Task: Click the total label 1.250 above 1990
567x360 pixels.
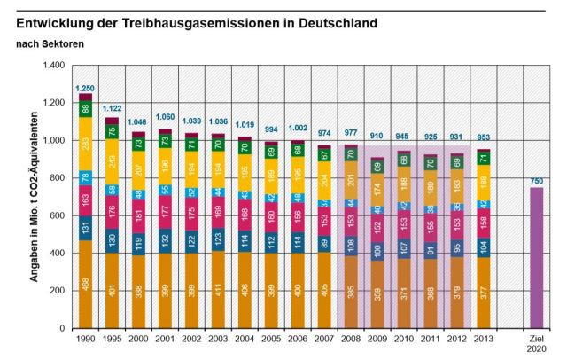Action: click(x=85, y=88)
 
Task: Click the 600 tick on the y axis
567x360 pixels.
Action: click(x=57, y=215)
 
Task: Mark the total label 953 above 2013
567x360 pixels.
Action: click(x=484, y=140)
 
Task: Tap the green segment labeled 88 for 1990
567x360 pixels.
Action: click(x=85, y=109)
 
